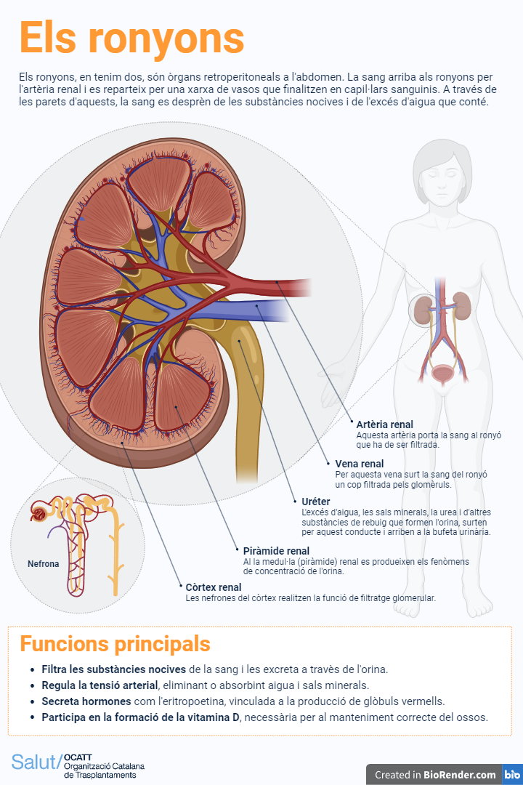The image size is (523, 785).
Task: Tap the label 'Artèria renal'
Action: coord(384,424)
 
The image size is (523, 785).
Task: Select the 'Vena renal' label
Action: coord(360,464)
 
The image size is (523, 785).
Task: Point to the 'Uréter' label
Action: coord(316,502)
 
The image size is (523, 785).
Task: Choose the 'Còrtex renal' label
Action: coord(214,587)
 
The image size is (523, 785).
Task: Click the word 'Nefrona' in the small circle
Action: coord(44,564)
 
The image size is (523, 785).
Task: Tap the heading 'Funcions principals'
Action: coord(115,644)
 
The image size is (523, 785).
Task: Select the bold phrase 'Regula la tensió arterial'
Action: coord(100,685)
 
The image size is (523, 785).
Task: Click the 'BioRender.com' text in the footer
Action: coord(460,775)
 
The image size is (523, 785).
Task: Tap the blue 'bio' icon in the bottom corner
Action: coord(512,775)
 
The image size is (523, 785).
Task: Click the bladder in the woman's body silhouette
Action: coord(441,374)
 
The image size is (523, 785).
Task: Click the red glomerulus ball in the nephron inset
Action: coord(37,515)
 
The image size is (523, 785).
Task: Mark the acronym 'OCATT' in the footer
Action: coord(78,757)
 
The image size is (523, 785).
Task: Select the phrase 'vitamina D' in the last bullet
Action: coord(215,717)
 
